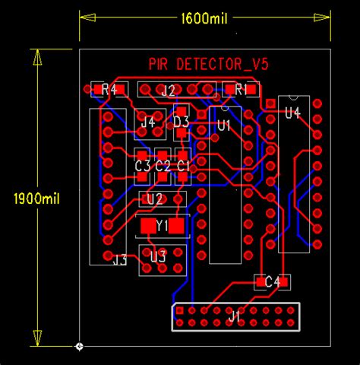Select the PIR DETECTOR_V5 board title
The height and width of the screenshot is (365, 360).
tap(208, 65)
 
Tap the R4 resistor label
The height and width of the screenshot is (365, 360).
tap(109, 90)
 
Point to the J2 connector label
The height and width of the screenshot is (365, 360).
tap(169, 90)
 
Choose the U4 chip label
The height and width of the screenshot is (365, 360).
tap(292, 113)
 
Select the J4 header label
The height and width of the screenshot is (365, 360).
tap(147, 121)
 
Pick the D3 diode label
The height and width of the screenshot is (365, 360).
tap(181, 121)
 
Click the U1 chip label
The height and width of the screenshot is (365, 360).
tap(224, 126)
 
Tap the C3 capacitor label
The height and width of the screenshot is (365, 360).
tap(142, 165)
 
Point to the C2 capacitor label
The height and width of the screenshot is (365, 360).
tap(163, 165)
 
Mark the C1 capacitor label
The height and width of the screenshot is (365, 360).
tap(183, 165)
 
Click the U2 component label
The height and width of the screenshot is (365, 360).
tap(155, 199)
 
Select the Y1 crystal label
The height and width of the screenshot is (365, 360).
tap(161, 226)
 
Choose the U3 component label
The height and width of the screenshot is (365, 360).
tap(157, 256)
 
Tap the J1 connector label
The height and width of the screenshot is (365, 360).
tap(235, 315)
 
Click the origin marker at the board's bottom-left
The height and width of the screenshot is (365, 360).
tap(80, 347)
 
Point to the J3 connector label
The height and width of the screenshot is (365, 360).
tap(119, 260)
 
